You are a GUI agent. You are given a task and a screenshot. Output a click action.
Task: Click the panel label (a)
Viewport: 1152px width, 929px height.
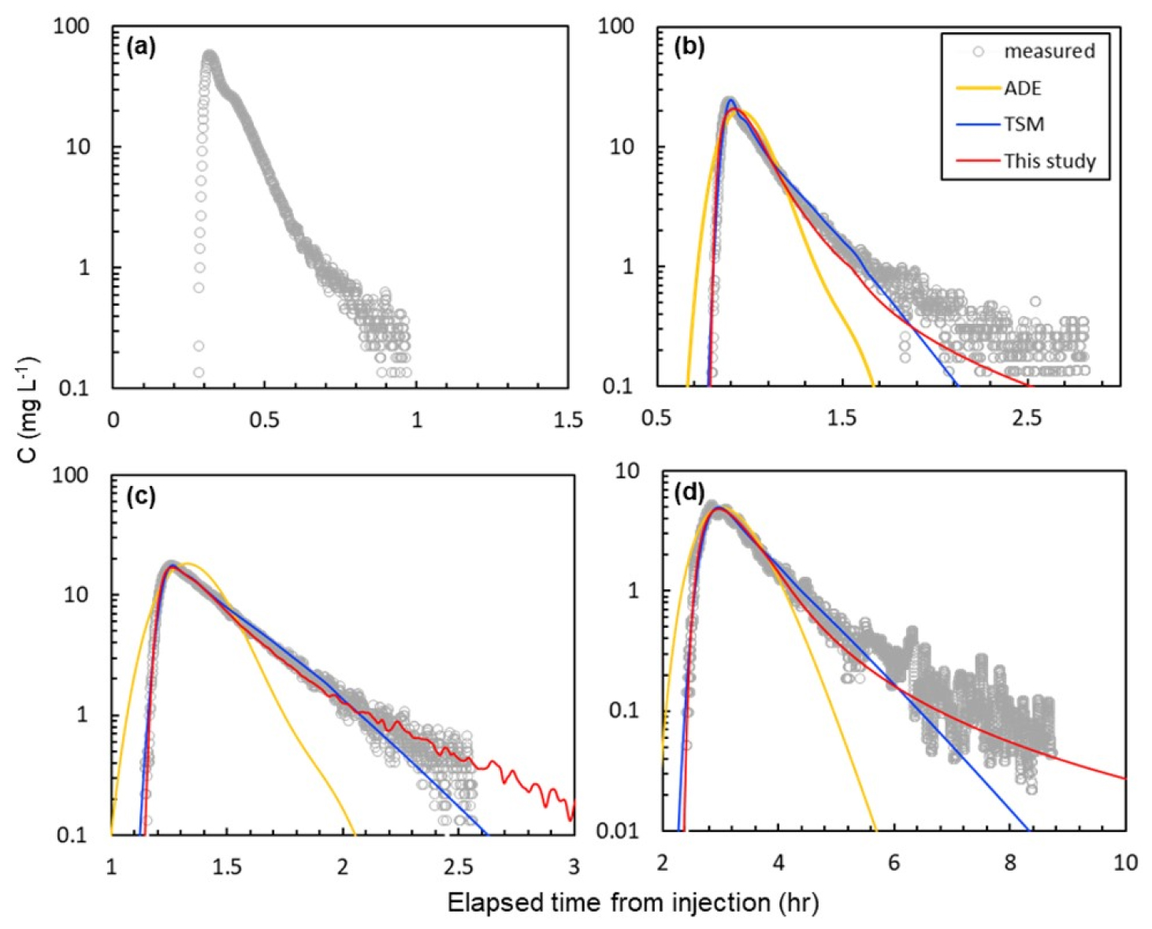141,47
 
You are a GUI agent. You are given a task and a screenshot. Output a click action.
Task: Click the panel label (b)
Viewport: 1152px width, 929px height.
689,47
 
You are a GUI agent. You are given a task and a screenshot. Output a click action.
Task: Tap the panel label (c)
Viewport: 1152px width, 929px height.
141,496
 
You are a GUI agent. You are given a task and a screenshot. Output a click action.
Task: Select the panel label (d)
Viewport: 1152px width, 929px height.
689,493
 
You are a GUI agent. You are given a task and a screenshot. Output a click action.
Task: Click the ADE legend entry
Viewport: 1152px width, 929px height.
1022,87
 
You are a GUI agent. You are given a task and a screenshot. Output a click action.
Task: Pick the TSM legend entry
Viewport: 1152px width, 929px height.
1024,124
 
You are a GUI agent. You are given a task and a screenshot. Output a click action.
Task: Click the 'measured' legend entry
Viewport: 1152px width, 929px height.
1049,51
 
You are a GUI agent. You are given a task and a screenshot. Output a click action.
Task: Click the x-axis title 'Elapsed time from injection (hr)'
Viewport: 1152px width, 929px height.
633,902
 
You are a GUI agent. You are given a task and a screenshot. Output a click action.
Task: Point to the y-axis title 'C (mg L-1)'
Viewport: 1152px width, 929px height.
29,410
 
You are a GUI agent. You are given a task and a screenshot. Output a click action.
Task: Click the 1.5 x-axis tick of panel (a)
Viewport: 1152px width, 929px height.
568,420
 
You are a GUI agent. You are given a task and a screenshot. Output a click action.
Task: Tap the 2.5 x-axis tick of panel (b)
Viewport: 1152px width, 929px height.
1027,418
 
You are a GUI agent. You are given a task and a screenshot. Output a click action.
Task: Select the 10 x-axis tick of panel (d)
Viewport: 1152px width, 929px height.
1125,863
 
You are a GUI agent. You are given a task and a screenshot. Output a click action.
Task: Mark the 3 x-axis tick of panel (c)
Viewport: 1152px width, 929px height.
574,867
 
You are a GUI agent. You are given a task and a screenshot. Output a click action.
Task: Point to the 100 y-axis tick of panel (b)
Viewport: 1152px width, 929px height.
615,26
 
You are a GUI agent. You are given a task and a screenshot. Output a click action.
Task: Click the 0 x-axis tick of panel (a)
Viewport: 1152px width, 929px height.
113,420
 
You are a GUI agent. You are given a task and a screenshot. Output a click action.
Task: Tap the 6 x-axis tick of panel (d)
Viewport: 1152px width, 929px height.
894,863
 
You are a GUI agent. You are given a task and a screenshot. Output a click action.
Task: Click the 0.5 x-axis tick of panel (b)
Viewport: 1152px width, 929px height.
656,418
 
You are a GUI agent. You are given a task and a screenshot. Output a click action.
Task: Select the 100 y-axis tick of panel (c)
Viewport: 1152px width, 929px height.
70,475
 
